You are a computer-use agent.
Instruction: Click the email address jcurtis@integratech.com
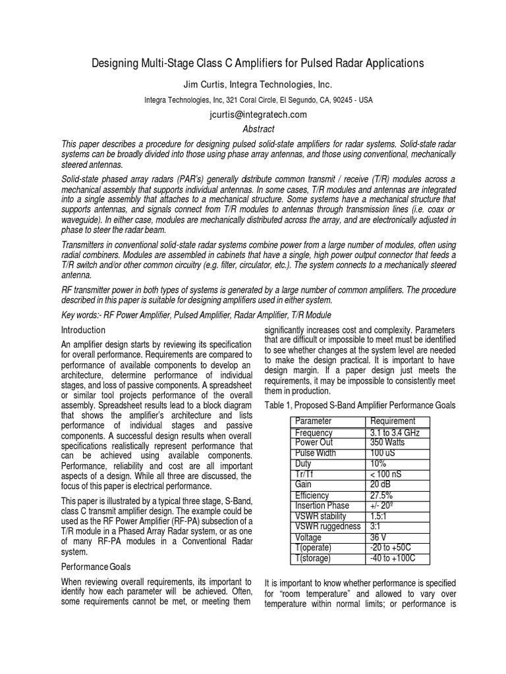click(249, 114)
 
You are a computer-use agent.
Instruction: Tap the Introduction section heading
click(83, 329)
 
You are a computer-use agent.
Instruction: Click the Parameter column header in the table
click(314, 421)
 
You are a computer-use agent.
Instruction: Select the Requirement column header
click(393, 421)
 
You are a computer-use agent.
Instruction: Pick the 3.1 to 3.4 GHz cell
click(395, 433)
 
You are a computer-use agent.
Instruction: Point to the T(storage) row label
click(314, 558)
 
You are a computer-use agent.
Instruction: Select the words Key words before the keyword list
click(81, 315)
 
